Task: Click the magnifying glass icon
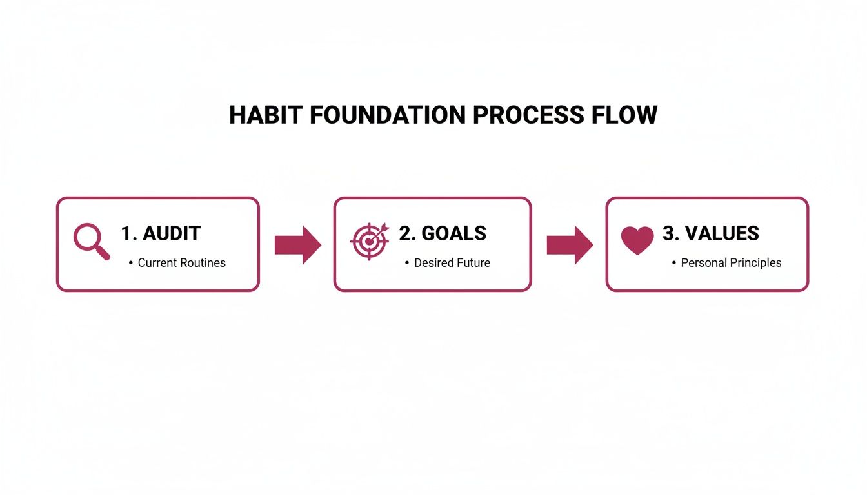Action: [90, 241]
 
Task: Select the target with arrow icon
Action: [370, 241]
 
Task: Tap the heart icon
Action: [637, 240]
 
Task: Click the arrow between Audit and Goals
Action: [297, 245]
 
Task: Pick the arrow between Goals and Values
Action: [570, 245]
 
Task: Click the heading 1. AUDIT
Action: [161, 233]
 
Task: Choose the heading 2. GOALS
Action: [443, 233]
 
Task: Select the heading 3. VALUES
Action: [710, 233]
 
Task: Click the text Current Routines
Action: [181, 263]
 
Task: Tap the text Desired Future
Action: [452, 263]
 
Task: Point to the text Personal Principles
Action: [731, 263]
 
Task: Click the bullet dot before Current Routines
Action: [130, 263]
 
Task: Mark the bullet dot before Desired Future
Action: [406, 263]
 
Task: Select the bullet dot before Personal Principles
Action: [673, 263]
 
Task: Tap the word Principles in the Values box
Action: [754, 263]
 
